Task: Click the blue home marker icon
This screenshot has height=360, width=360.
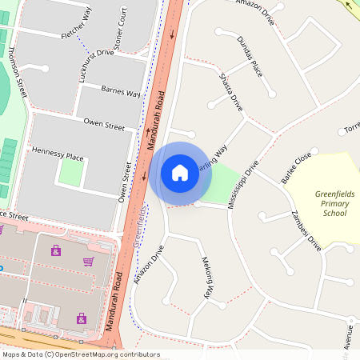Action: point(180,172)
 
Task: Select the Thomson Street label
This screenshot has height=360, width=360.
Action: point(18,72)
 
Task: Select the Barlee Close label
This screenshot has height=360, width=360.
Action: point(295,169)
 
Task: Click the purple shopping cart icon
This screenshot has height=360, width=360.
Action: point(87,262)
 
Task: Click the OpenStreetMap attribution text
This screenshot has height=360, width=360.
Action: point(80,354)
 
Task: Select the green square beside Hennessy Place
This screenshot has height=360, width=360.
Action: point(70,173)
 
